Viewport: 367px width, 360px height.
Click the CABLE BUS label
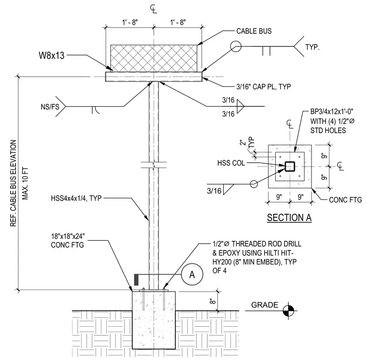(x=254, y=31)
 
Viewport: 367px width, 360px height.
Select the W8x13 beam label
(x=52, y=55)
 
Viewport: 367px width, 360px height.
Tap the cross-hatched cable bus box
(x=154, y=58)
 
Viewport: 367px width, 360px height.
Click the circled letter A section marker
(x=192, y=274)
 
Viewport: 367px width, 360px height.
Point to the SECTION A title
(x=289, y=218)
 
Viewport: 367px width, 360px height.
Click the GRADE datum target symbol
(x=288, y=311)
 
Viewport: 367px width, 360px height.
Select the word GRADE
(x=265, y=305)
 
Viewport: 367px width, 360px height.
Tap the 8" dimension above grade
(x=212, y=301)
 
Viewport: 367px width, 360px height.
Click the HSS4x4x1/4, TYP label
(x=76, y=198)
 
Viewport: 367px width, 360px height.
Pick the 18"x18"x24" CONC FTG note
(x=68, y=240)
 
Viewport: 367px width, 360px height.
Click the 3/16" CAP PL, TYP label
(x=264, y=87)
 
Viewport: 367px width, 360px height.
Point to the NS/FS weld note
(x=50, y=107)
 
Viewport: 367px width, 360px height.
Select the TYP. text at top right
(x=312, y=47)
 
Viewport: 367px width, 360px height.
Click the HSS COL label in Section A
(x=231, y=163)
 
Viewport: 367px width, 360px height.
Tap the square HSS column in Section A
(x=290, y=166)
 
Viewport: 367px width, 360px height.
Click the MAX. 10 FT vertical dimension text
(x=25, y=183)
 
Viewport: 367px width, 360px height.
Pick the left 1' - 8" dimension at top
(x=130, y=23)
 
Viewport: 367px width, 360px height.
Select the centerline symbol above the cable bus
(x=154, y=9)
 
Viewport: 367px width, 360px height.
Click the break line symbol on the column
(x=154, y=165)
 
